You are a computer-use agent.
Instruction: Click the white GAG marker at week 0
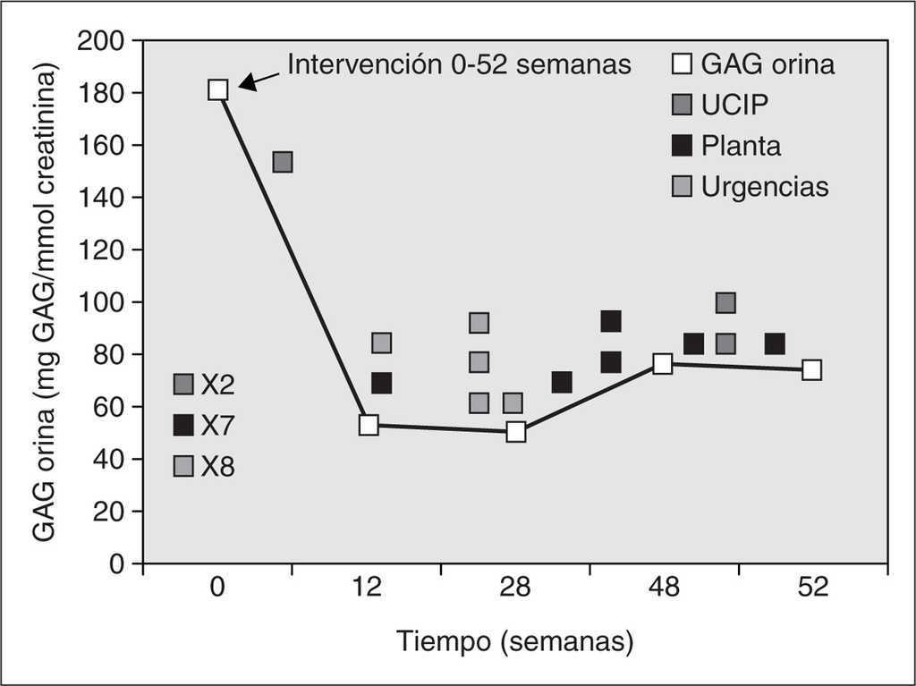click(218, 89)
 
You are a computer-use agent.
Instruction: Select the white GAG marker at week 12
click(369, 425)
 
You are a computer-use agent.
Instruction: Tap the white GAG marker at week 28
click(516, 432)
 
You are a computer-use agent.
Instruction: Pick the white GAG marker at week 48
click(663, 363)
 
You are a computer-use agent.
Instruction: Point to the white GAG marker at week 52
click(811, 369)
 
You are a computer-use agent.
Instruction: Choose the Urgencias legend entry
click(751, 187)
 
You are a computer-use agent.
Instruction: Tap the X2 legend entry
click(204, 385)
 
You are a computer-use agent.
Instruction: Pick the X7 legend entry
click(204, 426)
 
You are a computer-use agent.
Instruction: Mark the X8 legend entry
click(204, 466)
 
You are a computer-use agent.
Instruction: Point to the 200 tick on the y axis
click(100, 40)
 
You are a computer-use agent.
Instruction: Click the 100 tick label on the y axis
click(100, 302)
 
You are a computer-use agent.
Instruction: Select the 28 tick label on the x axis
click(515, 588)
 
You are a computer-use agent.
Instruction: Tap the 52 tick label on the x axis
click(811, 588)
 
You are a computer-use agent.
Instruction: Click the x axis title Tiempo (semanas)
click(516, 641)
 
